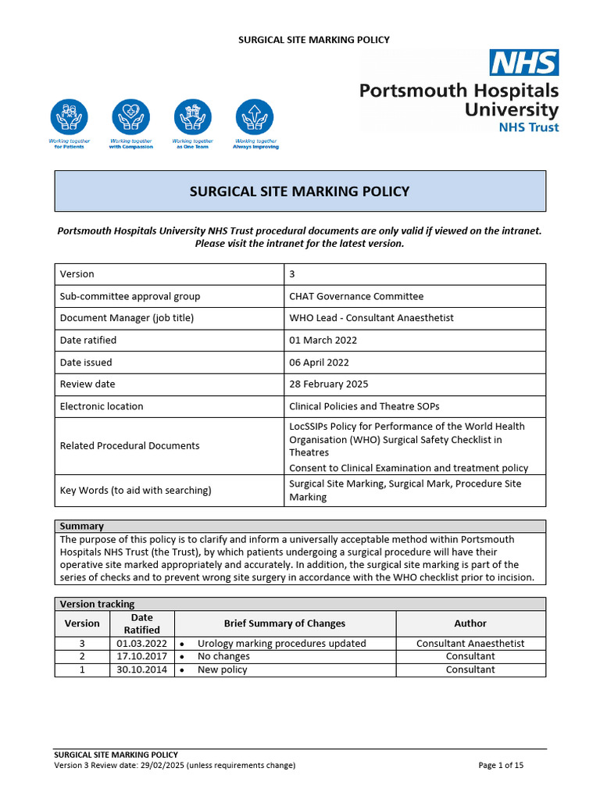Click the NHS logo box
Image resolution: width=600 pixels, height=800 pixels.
(x=523, y=62)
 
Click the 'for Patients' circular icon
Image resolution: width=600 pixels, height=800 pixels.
(x=70, y=117)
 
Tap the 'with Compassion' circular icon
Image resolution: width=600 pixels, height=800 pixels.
(x=130, y=117)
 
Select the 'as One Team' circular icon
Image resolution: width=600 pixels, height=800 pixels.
(x=193, y=117)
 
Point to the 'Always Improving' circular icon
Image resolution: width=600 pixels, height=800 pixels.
(x=255, y=117)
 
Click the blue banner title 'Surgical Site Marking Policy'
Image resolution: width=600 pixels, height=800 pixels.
(x=300, y=191)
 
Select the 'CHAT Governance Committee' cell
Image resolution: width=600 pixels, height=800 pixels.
(x=356, y=296)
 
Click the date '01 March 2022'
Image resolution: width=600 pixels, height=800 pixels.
(x=323, y=340)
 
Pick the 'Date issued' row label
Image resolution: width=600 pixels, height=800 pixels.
(x=86, y=362)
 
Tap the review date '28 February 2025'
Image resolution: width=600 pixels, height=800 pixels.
(x=329, y=384)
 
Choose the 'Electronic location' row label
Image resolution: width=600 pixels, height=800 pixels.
(x=102, y=406)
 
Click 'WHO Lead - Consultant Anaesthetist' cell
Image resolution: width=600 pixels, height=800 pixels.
(x=371, y=318)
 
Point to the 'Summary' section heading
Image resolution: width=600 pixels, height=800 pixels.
(x=81, y=527)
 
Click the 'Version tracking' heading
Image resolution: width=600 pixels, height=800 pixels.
(x=97, y=604)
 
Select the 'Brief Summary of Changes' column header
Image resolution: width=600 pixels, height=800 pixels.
(x=284, y=623)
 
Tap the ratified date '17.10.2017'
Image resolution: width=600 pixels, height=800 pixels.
(x=141, y=656)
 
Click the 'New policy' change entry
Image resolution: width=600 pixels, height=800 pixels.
(x=222, y=670)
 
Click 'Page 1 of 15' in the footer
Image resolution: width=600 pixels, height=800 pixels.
(x=501, y=766)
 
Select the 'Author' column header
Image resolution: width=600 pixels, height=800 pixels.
(x=470, y=623)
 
